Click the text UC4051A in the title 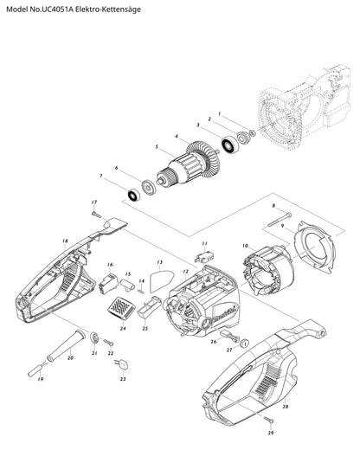coord(56,10)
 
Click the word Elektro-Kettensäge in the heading coord(108,10)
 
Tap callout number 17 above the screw coord(94,202)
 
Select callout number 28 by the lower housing coord(286,407)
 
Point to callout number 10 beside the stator coord(245,246)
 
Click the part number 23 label coord(123,379)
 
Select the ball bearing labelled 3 coord(229,145)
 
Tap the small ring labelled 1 coord(253,132)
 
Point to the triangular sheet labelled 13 coord(161,281)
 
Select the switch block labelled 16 coord(108,283)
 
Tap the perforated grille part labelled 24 coord(121,309)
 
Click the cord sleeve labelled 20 coord(66,345)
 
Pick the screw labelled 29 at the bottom coord(269,420)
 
